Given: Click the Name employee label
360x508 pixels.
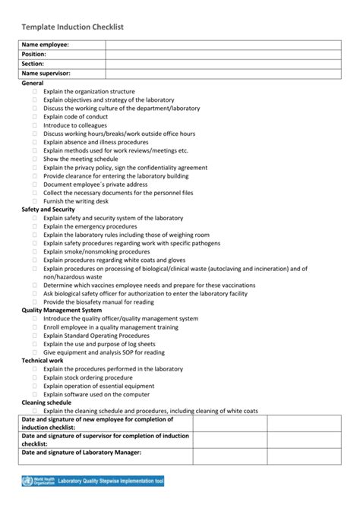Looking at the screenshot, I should click(x=46, y=46).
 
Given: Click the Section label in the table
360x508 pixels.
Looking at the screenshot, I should click(x=34, y=64).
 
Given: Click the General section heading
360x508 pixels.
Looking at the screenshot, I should click(x=33, y=82).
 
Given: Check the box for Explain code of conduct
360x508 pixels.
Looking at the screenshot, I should click(x=34, y=117).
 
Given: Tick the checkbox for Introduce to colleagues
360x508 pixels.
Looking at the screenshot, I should click(x=34, y=125).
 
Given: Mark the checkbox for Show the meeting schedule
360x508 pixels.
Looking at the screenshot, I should click(x=34, y=159).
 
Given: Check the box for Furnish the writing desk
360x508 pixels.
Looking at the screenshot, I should click(x=34, y=201).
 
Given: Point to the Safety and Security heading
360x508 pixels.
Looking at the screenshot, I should click(x=53, y=210).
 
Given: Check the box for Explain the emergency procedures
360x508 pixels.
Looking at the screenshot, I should click(x=34, y=226).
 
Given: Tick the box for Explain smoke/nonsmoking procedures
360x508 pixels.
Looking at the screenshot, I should click(x=34, y=251).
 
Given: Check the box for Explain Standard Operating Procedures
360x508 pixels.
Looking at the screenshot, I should click(x=34, y=336).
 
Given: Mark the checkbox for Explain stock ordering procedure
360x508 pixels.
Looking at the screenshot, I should click(x=34, y=377).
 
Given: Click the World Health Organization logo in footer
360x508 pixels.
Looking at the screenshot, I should click(x=36, y=481).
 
